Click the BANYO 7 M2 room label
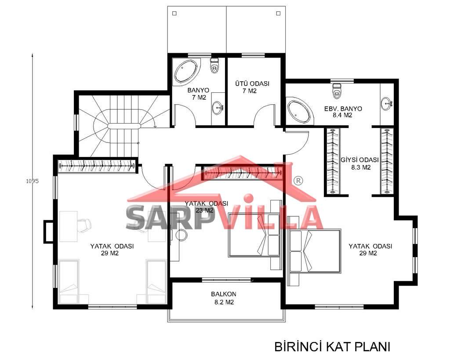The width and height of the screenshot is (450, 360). [198, 94]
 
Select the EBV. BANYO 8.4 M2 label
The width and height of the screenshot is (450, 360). [343, 112]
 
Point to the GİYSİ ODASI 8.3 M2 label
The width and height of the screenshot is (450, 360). [360, 164]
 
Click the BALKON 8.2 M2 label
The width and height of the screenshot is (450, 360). [224, 298]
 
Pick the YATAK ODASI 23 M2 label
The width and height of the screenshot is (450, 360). [206, 207]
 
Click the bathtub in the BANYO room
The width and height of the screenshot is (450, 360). [186, 72]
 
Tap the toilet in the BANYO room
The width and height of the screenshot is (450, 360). [214, 66]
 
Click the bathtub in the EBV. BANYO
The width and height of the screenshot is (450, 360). [299, 112]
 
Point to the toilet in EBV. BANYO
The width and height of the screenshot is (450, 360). [337, 90]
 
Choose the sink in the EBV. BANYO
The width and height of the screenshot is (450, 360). [387, 104]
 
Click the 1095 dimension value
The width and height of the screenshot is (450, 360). [32, 181]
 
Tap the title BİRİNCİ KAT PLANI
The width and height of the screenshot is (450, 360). [332, 346]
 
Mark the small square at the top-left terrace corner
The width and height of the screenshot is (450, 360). [174, 14]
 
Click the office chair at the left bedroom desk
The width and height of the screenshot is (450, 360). [84, 225]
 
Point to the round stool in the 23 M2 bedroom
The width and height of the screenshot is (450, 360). [181, 235]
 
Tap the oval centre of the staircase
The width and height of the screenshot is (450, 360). [124, 126]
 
